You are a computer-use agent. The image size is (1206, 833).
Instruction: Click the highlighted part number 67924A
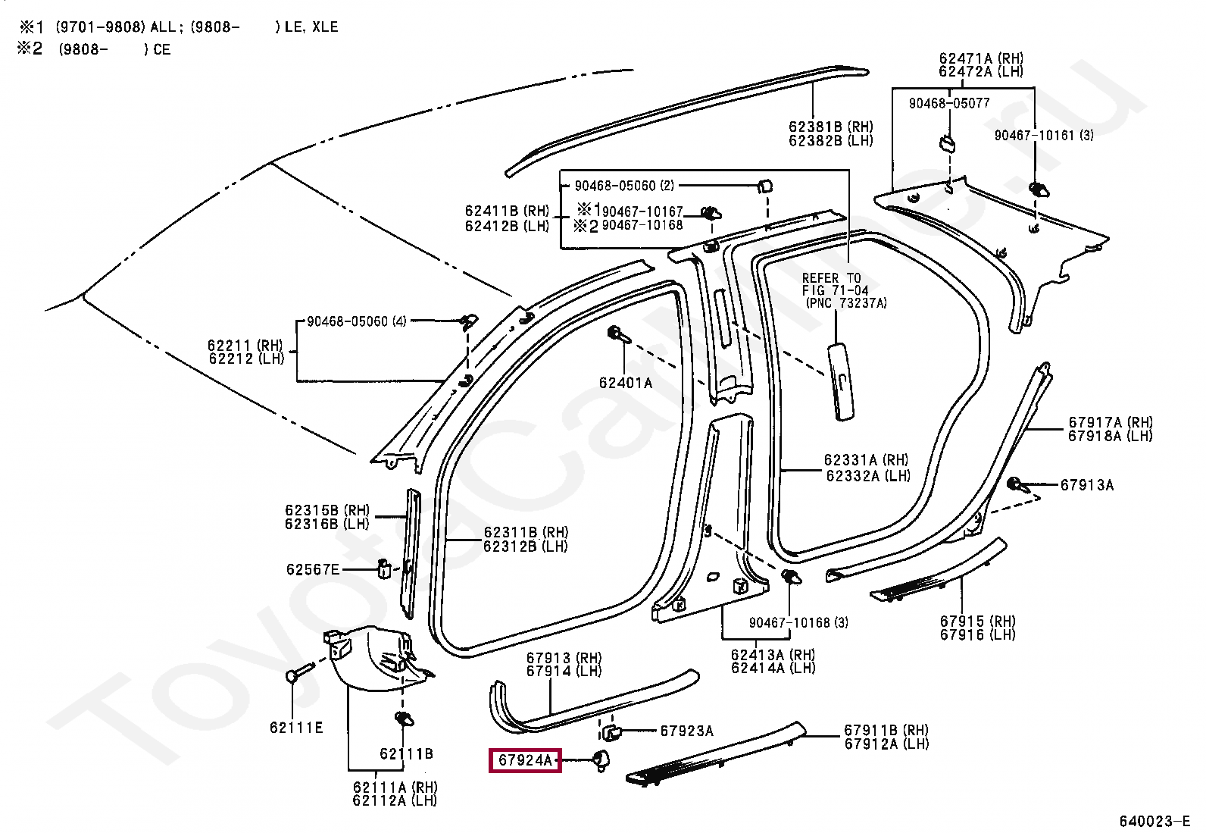point(525,760)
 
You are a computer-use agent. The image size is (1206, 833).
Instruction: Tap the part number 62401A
point(626,383)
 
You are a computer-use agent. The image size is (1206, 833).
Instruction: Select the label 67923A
point(686,731)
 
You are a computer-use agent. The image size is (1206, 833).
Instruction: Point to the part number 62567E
point(313,569)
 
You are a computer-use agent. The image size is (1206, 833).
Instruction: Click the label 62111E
point(296,728)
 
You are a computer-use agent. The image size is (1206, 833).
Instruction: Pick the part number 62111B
point(406,754)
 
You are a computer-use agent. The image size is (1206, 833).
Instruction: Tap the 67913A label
point(1087,485)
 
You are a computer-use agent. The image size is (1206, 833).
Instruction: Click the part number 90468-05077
point(949,103)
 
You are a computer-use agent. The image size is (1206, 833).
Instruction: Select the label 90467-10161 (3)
point(1044,135)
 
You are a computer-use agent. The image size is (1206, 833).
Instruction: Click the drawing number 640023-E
point(1154,821)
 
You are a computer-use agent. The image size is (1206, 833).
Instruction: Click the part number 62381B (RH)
point(831,127)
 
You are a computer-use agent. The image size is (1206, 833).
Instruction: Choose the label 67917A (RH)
point(1111,422)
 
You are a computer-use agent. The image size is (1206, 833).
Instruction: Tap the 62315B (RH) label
point(327,509)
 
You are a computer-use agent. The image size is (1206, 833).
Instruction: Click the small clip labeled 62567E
point(384,569)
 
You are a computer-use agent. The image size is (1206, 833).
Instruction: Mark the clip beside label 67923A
point(611,733)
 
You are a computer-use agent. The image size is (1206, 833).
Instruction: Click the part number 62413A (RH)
point(773,655)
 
